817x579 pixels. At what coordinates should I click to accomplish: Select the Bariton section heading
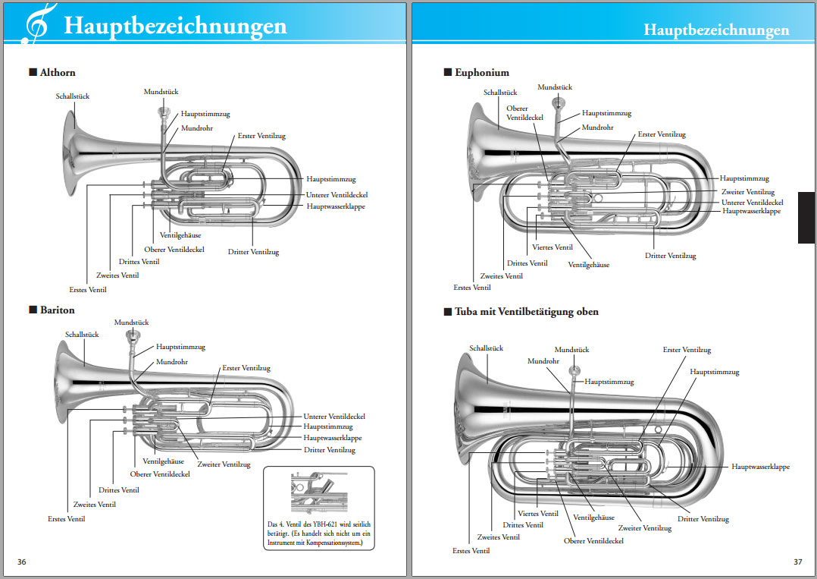(x=57, y=310)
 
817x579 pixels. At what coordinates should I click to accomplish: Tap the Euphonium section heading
(x=481, y=73)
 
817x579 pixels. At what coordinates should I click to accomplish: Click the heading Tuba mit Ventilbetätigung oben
(x=526, y=312)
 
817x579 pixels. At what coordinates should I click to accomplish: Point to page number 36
(x=22, y=562)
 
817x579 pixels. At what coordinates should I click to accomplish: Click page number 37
(x=797, y=562)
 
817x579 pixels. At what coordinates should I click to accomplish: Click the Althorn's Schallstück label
(x=73, y=96)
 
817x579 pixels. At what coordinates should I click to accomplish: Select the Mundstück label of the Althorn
(x=161, y=92)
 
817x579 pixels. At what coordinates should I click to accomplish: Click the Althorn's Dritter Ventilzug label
(x=253, y=252)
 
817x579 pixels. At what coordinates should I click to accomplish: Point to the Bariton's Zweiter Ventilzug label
(x=224, y=464)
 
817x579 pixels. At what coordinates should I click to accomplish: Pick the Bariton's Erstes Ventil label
(x=66, y=519)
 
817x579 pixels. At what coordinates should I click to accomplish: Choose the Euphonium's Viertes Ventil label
(x=552, y=247)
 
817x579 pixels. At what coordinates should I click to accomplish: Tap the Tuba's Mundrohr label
(x=543, y=361)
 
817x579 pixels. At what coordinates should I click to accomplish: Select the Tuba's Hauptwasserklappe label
(x=760, y=467)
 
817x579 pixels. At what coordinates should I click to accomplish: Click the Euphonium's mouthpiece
(x=559, y=102)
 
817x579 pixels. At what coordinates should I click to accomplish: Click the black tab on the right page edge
(x=806, y=217)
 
